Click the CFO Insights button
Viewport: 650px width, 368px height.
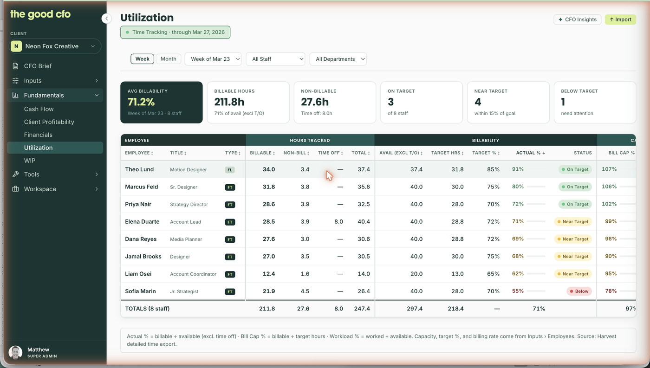click(x=577, y=19)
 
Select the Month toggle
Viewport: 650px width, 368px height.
click(x=168, y=59)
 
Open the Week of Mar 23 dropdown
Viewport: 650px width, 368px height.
click(x=213, y=59)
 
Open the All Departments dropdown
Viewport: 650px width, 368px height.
click(x=338, y=59)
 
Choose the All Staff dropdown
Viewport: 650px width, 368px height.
click(x=275, y=59)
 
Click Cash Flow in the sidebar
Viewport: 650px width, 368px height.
click(x=39, y=109)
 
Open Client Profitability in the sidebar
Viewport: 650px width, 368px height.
click(x=49, y=122)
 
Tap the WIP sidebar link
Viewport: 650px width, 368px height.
click(x=30, y=161)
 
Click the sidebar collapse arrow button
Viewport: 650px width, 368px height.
click(x=106, y=19)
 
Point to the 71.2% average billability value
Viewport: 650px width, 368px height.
click(x=141, y=102)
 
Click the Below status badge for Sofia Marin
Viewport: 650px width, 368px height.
click(x=579, y=291)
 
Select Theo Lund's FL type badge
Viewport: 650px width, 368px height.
click(x=230, y=170)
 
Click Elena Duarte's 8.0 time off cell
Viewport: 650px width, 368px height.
click(x=338, y=221)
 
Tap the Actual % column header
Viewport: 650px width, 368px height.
click(x=530, y=153)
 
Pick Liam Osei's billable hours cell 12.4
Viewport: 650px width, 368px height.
click(x=269, y=274)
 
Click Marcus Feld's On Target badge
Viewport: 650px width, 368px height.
click(x=575, y=187)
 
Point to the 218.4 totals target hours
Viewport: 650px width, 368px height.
click(x=455, y=309)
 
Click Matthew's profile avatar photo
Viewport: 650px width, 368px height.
click(x=15, y=352)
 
